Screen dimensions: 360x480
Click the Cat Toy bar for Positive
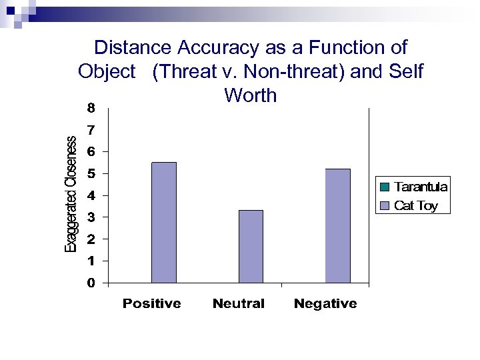[164, 223]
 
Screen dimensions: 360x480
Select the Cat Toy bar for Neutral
[251, 247]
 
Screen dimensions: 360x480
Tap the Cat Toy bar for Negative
[337, 226]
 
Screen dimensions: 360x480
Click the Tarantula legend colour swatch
[385, 187]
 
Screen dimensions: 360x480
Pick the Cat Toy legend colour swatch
[385, 205]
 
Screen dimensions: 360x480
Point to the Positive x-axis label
[151, 304]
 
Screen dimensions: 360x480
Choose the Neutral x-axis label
[238, 304]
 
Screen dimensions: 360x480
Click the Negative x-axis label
[325, 304]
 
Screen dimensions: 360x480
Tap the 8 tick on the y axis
[91, 107]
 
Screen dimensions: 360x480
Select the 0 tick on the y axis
[91, 283]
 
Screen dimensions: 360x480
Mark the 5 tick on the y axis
[91, 173]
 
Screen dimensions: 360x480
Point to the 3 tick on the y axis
[91, 217]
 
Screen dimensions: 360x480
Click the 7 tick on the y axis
[91, 129]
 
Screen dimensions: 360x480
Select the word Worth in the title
[251, 95]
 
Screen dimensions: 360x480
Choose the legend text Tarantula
[421, 187]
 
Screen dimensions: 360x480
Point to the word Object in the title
[107, 71]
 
